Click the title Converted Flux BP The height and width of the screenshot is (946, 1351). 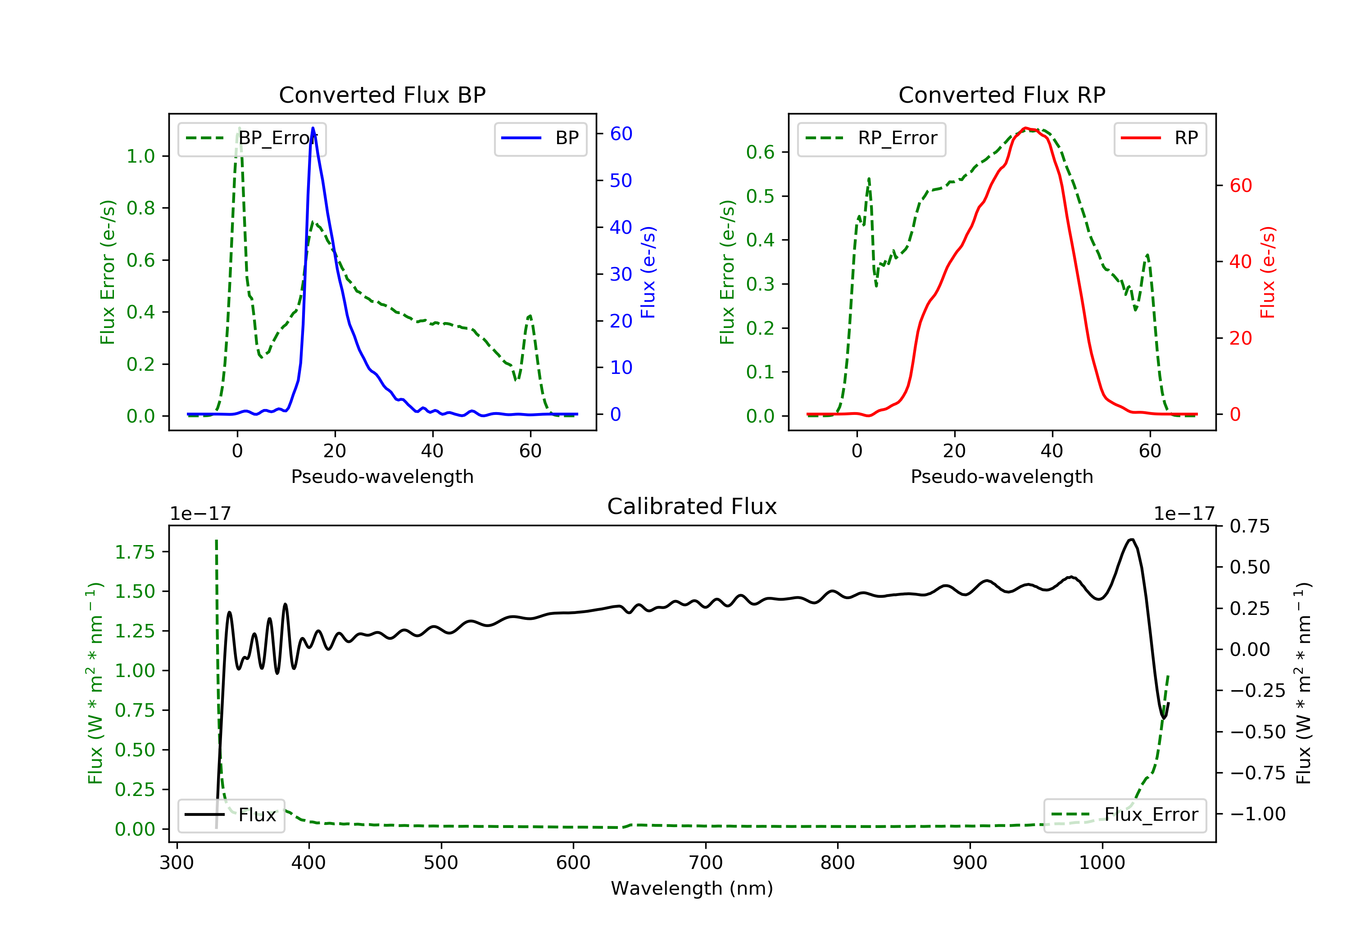382,95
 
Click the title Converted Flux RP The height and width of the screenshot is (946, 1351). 1002,95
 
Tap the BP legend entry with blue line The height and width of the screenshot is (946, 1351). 540,139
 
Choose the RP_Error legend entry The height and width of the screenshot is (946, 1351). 871,139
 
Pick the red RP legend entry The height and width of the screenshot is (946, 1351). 1160,139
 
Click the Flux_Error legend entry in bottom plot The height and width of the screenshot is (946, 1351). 1124,815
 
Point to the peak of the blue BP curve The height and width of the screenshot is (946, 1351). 313,128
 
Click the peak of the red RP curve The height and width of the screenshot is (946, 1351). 1025,128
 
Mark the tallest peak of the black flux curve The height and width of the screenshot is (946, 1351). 1131,539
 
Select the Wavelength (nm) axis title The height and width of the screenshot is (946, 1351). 692,888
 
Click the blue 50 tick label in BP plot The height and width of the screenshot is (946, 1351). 621,180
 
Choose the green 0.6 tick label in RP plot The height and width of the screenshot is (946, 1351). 760,152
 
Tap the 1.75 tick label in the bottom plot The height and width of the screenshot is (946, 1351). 135,552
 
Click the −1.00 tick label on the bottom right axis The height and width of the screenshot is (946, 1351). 1257,814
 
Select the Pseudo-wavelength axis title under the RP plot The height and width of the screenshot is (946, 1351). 1002,476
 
